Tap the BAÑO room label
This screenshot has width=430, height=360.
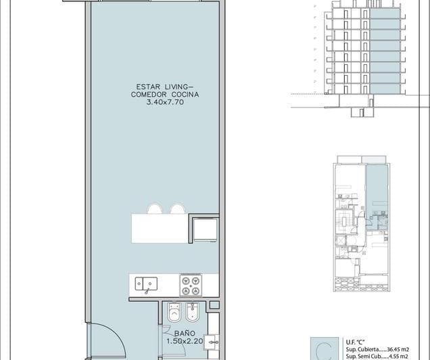(x=185, y=334)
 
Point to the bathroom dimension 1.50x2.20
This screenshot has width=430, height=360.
(x=185, y=342)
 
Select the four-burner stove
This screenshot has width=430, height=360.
(x=190, y=284)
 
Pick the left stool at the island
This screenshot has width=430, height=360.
(x=154, y=209)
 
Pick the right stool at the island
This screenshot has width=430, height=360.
(x=177, y=209)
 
